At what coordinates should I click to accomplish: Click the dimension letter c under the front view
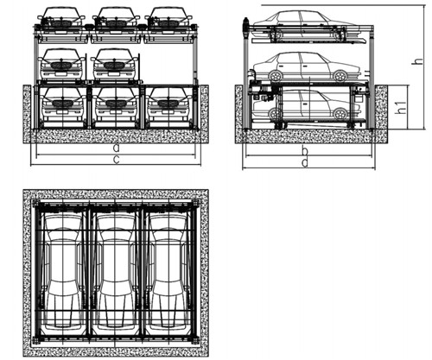click(116, 160)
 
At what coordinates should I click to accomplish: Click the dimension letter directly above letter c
click(116, 148)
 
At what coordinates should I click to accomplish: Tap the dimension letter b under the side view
click(305, 150)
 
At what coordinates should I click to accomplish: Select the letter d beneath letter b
click(305, 162)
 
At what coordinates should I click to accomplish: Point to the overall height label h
click(418, 60)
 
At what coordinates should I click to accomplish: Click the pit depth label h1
click(401, 107)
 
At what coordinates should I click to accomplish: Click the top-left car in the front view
click(61, 18)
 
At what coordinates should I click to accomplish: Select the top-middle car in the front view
click(116, 18)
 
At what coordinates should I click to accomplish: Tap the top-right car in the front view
click(168, 18)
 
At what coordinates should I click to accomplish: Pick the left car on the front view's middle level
click(61, 64)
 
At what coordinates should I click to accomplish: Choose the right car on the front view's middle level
click(114, 64)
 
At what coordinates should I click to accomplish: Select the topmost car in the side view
click(307, 23)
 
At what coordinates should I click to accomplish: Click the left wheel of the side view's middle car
click(276, 76)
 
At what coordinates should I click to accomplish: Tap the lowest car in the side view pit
click(307, 105)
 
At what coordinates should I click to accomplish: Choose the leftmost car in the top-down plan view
click(63, 271)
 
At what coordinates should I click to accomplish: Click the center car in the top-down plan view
click(116, 271)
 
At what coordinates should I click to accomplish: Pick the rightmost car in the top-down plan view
click(168, 271)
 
